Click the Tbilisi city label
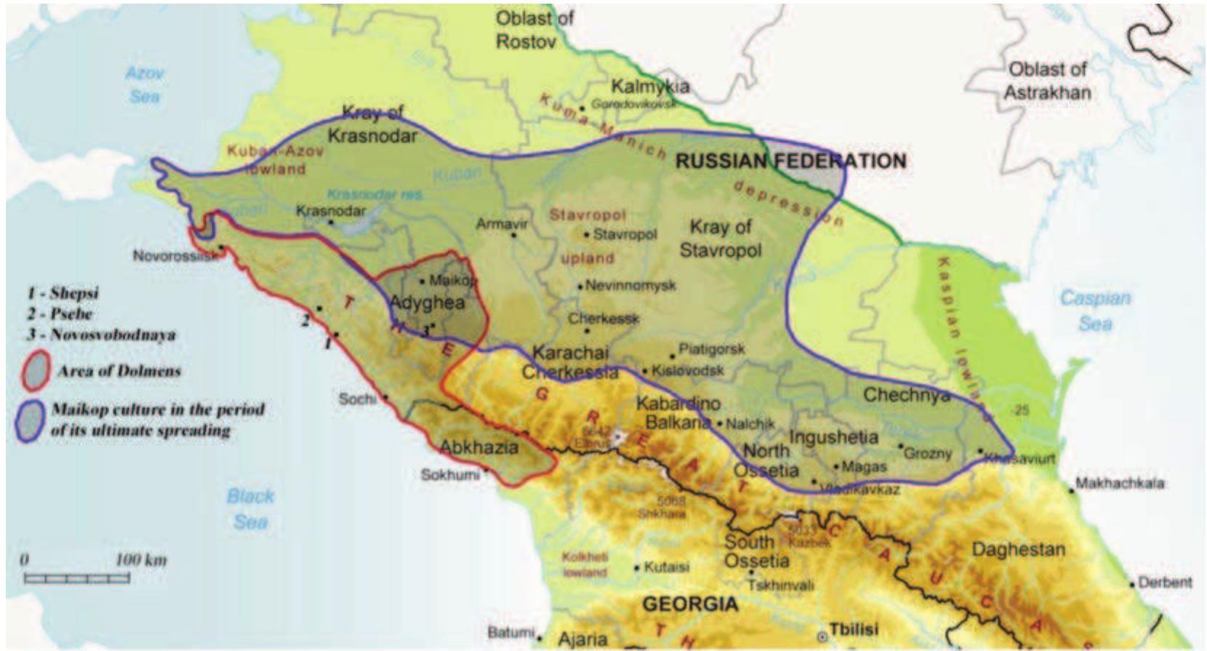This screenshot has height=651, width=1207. tap(854, 628)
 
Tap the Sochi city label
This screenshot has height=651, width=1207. tap(357, 399)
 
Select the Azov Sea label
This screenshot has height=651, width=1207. tap(144, 84)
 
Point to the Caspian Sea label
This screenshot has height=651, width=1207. tap(1095, 310)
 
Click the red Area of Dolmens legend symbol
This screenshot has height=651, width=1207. tap(35, 370)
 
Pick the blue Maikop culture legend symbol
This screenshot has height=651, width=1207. tap(29, 420)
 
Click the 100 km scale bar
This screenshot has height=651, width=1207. tap(77, 578)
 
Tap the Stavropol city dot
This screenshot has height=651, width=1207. tap(587, 234)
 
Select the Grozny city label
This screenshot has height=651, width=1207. tap(929, 453)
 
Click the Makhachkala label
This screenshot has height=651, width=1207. tap(1120, 483)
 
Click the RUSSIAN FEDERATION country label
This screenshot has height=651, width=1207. tap(791, 161)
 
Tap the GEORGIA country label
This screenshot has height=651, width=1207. tap(690, 603)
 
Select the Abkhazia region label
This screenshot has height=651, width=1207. tap(479, 446)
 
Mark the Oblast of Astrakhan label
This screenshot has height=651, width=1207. tap(1047, 81)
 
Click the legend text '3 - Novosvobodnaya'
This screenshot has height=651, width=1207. tap(102, 335)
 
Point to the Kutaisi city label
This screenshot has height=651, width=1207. tap(666, 567)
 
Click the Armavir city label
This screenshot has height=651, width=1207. tap(501, 224)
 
